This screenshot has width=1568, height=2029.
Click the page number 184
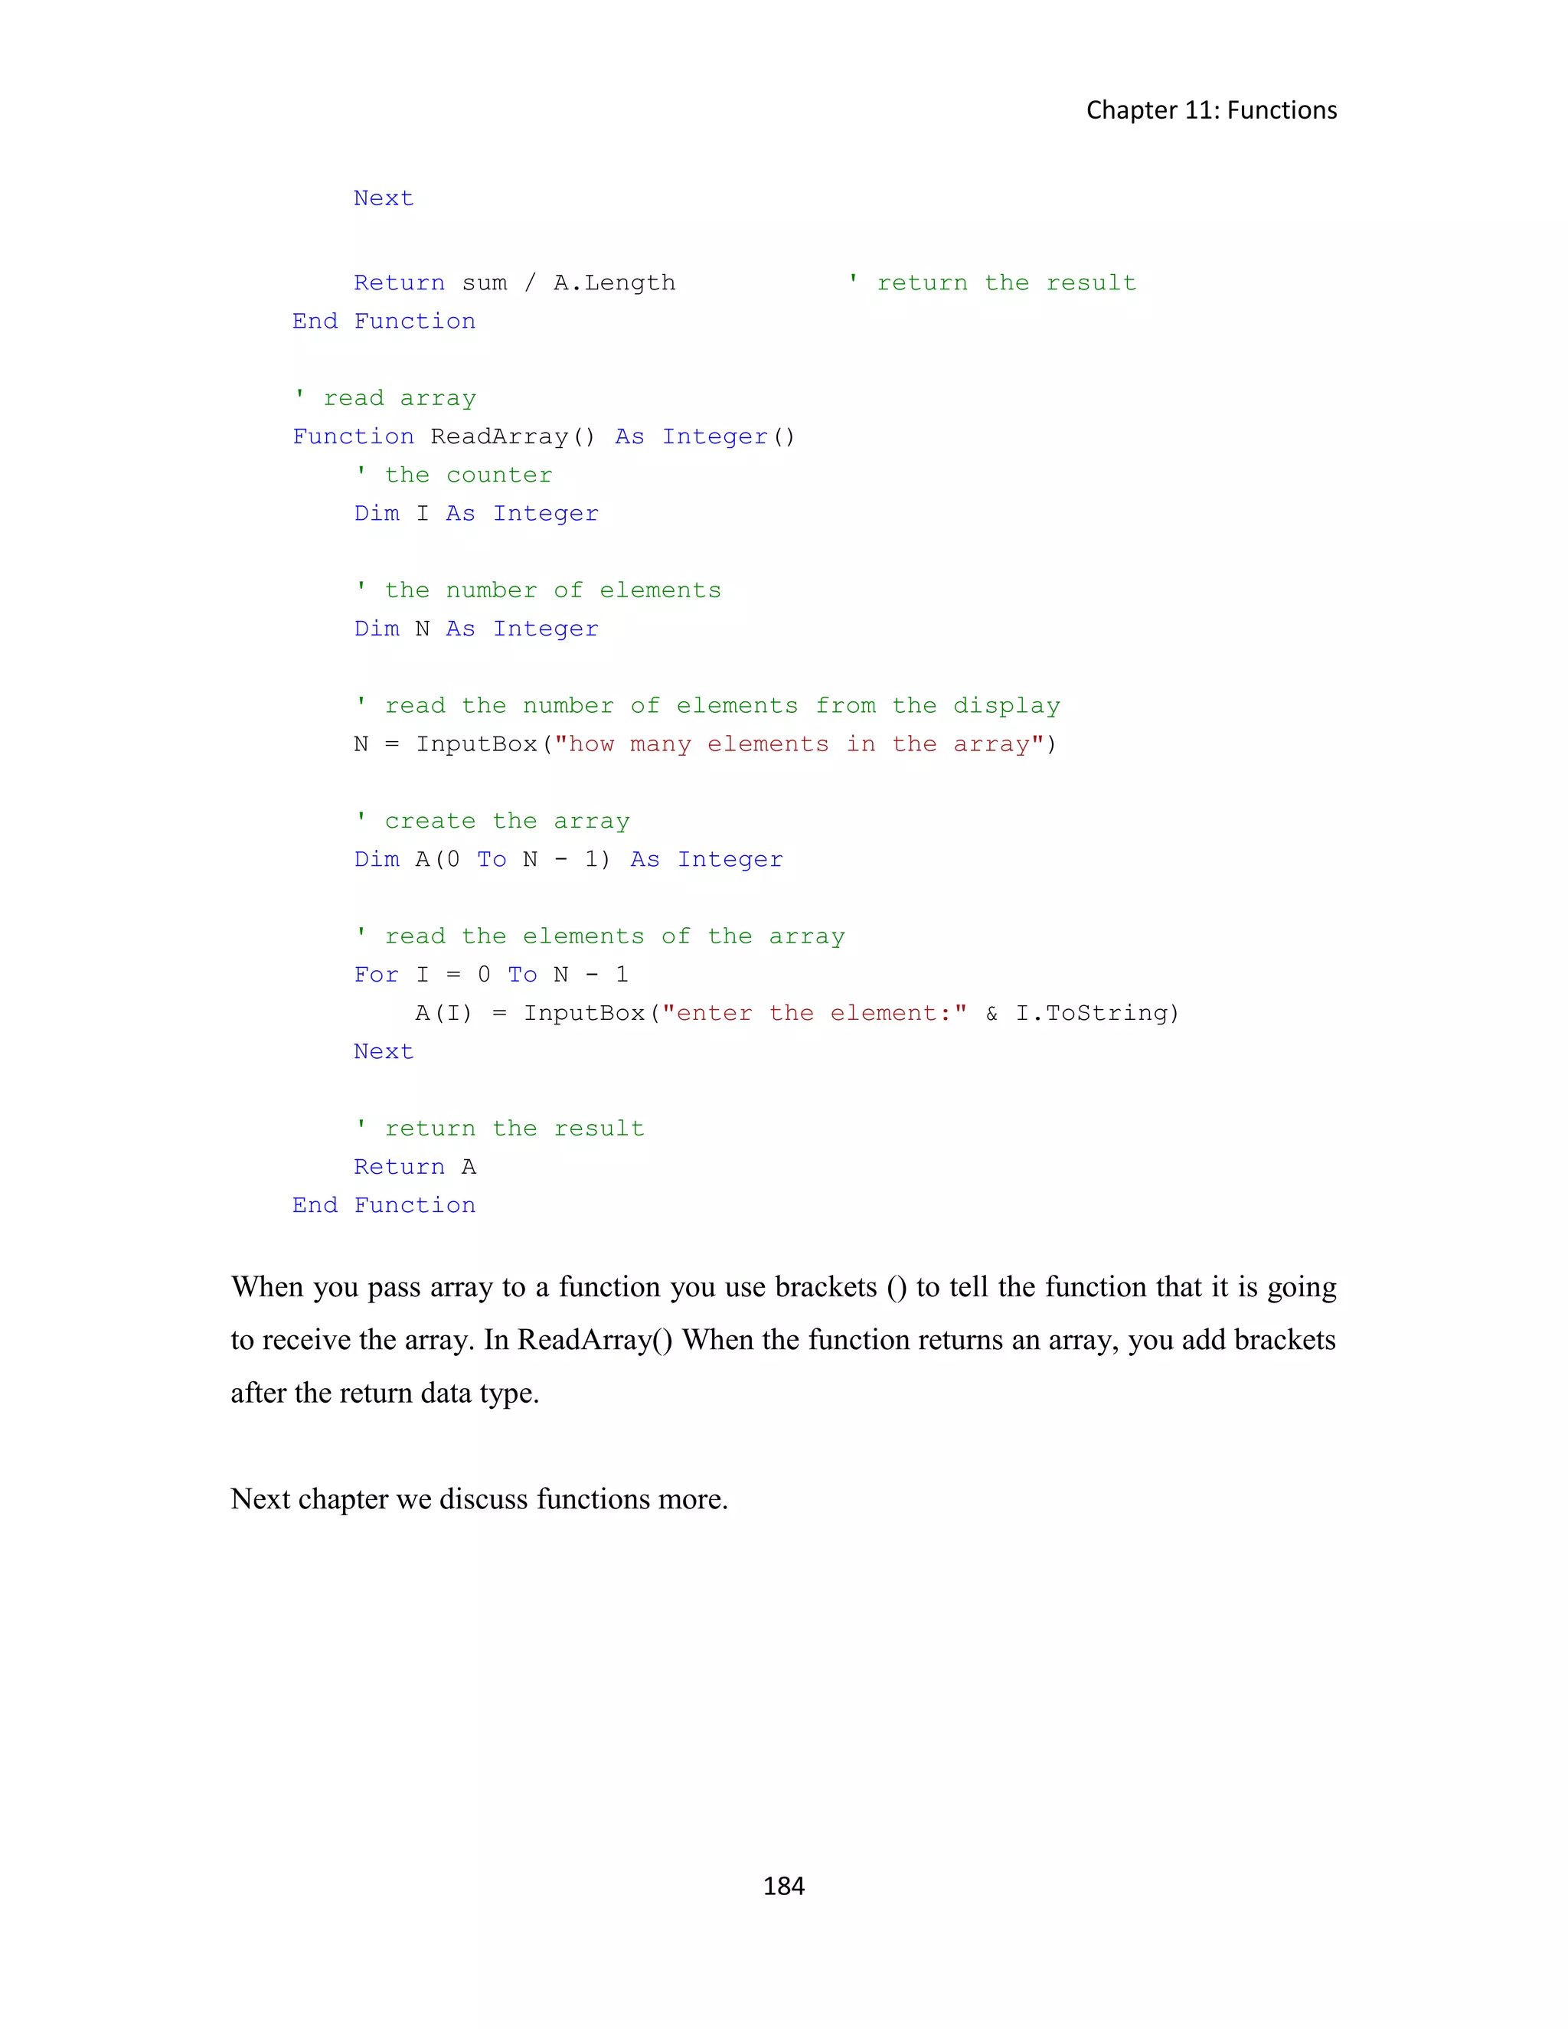[783, 1885]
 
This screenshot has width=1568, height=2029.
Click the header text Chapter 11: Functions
[1211, 109]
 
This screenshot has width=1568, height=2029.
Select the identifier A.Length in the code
[614, 283]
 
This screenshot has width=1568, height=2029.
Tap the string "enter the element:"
[814, 1013]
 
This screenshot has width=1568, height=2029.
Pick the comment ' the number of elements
[539, 590]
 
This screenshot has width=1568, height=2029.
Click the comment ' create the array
[493, 822]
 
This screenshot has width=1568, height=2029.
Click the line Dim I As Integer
[475, 514]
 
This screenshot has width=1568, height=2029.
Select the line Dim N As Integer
[475, 629]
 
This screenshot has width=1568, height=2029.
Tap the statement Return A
[414, 1167]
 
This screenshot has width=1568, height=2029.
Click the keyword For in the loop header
[375, 975]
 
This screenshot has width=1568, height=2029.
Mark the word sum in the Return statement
[484, 283]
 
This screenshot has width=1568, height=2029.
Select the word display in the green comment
[1006, 706]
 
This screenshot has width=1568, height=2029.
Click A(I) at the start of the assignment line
[443, 1013]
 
